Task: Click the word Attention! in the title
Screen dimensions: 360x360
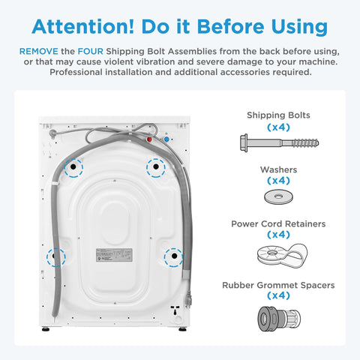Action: (x=83, y=26)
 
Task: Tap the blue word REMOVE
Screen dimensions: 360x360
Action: (x=39, y=51)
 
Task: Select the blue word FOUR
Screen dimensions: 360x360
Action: (x=91, y=51)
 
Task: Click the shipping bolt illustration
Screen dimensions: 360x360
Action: (x=280, y=143)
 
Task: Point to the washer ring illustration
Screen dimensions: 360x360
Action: (x=278, y=197)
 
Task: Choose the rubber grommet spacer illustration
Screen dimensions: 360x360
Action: (x=279, y=319)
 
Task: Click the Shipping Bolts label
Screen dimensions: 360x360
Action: (x=278, y=115)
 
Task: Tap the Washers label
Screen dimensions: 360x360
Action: (x=278, y=169)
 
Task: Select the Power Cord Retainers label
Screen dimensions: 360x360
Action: (x=278, y=224)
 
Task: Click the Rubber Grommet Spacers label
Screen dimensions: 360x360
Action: (x=278, y=285)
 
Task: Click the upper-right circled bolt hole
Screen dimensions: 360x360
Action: (x=156, y=166)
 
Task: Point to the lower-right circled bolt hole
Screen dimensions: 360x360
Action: (x=174, y=256)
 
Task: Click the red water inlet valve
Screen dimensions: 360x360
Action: (x=149, y=139)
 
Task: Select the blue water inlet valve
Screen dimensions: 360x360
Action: (x=166, y=139)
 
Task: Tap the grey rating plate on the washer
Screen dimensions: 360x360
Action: (x=114, y=255)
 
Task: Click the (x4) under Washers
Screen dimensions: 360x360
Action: (x=278, y=181)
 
